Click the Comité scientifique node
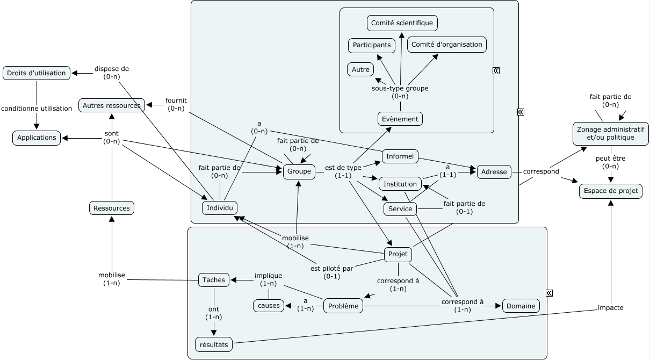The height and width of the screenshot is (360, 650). click(402, 23)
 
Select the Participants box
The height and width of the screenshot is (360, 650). click(372, 45)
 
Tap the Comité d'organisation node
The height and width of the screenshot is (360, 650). click(447, 45)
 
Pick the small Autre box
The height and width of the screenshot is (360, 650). click(360, 69)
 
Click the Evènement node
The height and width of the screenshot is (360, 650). click(400, 119)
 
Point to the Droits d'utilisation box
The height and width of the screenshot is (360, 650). click(37, 73)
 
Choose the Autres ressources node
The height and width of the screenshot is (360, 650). click(112, 106)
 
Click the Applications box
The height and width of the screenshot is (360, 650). click(37, 138)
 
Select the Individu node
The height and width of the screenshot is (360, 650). click(220, 208)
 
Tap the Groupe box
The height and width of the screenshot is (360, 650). click(299, 171)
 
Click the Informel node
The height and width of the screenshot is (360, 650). click(400, 156)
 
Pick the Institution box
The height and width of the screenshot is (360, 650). click(400, 184)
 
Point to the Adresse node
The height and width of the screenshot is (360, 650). click(494, 172)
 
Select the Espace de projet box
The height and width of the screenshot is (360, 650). click(610, 191)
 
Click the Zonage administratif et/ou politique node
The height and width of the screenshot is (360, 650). click(611, 133)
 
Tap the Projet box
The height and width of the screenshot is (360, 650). click(398, 254)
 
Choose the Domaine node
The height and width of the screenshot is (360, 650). click(521, 306)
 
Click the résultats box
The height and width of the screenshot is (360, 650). click(214, 344)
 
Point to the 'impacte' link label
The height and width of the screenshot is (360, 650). click(611, 308)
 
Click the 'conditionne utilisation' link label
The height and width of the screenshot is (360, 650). click(37, 109)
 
